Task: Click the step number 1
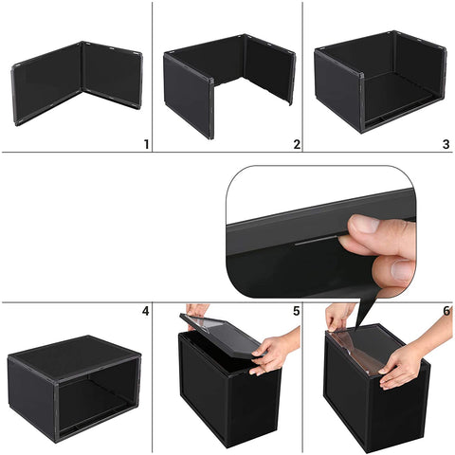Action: coord(146,144)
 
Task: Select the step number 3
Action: coord(446,144)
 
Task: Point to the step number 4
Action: coord(146,311)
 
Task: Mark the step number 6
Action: coord(446,311)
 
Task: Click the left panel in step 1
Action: coord(47,85)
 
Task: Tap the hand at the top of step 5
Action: coord(197,310)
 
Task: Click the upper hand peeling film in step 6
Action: coord(338,315)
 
